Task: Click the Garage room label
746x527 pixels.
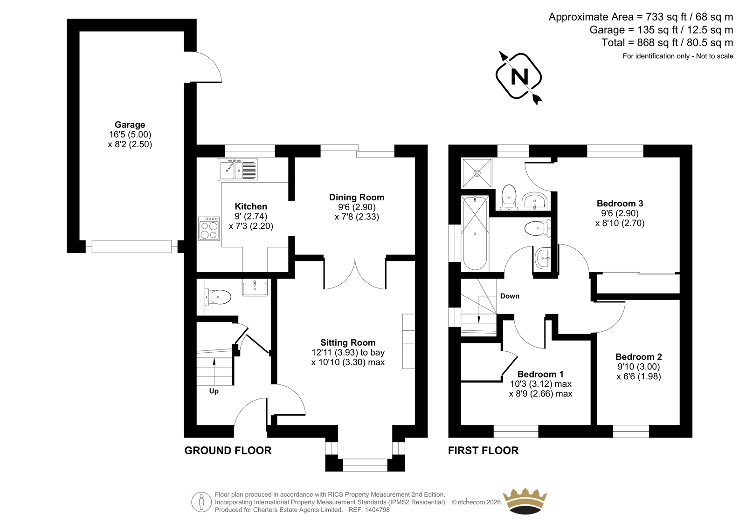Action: coord(130,124)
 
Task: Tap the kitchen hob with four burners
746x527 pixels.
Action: coord(209,228)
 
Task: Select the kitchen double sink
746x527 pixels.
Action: coord(237,170)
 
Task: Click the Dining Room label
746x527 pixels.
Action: coord(357,198)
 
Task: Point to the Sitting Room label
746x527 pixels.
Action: coord(348,342)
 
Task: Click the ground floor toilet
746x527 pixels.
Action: coord(218,297)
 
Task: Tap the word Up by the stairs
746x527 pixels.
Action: coord(214,391)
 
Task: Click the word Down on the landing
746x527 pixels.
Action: coord(510,296)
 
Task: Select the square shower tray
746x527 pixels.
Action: coord(477,173)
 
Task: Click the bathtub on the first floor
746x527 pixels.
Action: coord(475,233)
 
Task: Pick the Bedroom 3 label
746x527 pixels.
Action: coord(620,203)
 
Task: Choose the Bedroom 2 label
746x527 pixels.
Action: coord(638,356)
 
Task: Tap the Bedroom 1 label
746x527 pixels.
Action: coord(540,374)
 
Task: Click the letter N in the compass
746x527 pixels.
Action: coord(519,77)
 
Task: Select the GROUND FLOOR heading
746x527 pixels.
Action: coord(228,451)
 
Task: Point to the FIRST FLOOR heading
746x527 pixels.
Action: coord(483,451)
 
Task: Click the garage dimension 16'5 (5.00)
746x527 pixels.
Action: coord(130,135)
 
